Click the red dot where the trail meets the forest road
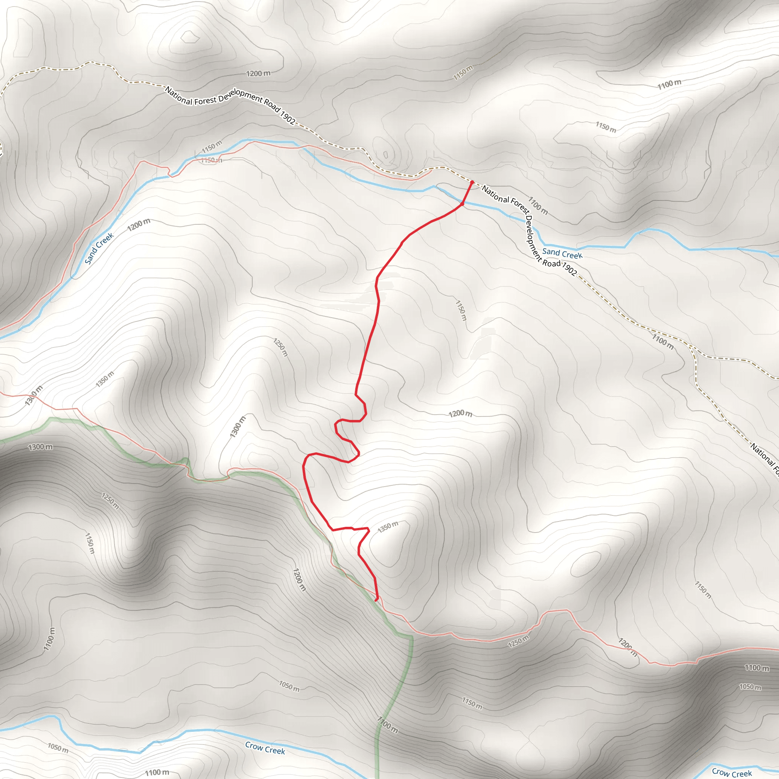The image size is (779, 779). (x=472, y=182)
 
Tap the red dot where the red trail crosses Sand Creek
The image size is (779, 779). (x=462, y=204)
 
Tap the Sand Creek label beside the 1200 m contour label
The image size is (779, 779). (x=99, y=248)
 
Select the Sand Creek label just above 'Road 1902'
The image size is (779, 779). (x=562, y=254)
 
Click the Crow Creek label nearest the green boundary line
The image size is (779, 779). (x=265, y=748)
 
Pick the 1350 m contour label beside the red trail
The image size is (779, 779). (x=388, y=526)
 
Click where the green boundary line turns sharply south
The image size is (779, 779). (x=411, y=637)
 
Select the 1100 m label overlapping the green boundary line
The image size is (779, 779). (x=388, y=725)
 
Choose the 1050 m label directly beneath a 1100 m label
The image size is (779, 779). (x=750, y=687)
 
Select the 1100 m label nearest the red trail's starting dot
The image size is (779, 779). (x=538, y=205)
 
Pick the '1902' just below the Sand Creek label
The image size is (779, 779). (x=569, y=269)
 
